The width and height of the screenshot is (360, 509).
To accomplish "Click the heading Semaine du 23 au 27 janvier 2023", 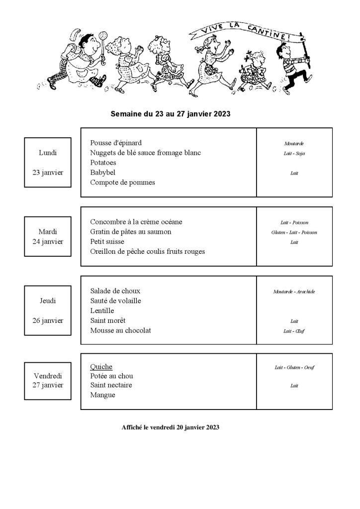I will (x=170, y=113).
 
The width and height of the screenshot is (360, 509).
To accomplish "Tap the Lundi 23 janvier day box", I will (x=48, y=162).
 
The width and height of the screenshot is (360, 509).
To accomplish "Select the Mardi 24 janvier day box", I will (x=48, y=236).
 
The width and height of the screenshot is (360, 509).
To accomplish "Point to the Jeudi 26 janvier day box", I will (x=48, y=310).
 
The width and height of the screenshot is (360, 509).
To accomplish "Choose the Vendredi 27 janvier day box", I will (x=48, y=381).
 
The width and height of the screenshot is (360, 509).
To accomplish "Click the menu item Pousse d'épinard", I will (x=116, y=143).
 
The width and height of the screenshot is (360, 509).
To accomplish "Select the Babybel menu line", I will (x=102, y=172).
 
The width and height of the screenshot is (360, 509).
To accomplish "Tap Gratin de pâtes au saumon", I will (x=131, y=231).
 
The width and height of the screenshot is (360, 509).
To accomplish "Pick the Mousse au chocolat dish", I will (x=120, y=330).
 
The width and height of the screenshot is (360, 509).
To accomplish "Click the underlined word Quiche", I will (x=101, y=367).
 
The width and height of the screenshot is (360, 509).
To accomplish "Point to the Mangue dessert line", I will (x=102, y=395).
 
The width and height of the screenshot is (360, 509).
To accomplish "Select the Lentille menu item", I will (x=102, y=310).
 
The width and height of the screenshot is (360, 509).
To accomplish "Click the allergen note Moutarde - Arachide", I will (x=294, y=292).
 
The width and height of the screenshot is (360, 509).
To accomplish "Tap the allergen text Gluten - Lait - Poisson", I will (x=294, y=232).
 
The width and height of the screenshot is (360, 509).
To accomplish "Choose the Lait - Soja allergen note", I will (x=294, y=153).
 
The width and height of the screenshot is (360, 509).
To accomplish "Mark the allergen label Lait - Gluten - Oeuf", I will (x=294, y=368).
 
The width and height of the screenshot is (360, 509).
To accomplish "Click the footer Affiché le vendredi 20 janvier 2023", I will (x=170, y=427).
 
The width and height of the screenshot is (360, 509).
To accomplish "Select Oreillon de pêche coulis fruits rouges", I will (x=147, y=251).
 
